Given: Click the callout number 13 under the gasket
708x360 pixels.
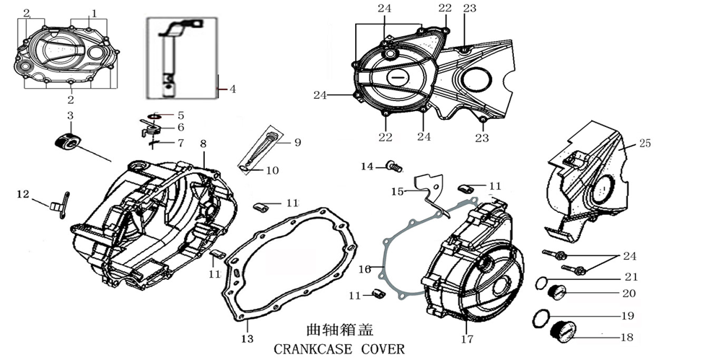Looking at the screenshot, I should pos(248,339).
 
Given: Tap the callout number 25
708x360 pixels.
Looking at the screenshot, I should pos(644,144).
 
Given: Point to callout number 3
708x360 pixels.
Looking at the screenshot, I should pos(70,115).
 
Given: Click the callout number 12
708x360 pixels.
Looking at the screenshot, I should pos(23,193).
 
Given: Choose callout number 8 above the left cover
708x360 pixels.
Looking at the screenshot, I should pos(204,143).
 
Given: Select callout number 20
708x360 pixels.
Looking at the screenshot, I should pos(629,294).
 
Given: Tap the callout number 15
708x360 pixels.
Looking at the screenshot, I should pos(397,191).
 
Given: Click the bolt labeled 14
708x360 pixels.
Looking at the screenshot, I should pos(394,167).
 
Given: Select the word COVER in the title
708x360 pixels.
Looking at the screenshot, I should pos(380,349).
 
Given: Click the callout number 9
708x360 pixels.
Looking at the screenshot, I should pos(297,143).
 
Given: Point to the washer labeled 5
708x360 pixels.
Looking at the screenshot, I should pos(155,115).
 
